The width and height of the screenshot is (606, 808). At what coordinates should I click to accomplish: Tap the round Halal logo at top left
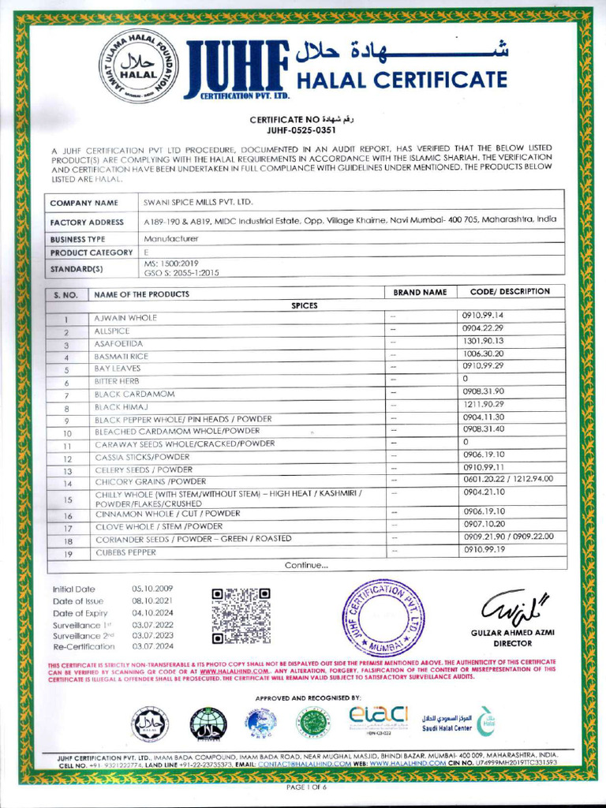click(x=138, y=67)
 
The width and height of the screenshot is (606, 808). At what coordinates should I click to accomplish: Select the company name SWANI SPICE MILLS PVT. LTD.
click(x=197, y=203)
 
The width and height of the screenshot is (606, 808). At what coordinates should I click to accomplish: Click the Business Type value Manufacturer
click(x=171, y=238)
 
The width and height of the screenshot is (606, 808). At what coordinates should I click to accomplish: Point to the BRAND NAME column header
click(x=420, y=293)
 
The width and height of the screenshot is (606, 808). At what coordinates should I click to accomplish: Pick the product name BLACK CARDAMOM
click(x=134, y=394)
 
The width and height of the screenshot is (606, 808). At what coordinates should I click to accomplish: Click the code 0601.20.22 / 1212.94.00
click(x=507, y=479)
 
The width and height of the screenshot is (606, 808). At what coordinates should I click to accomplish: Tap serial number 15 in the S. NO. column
click(x=68, y=499)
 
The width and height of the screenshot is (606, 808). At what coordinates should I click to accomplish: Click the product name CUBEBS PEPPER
click(x=125, y=552)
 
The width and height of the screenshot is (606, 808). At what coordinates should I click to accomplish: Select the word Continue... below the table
click(x=306, y=565)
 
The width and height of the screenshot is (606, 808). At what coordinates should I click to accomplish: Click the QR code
click(x=241, y=615)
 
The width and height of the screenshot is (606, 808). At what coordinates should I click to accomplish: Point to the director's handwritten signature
click(x=506, y=608)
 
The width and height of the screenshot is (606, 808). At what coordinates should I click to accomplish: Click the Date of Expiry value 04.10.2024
click(x=152, y=613)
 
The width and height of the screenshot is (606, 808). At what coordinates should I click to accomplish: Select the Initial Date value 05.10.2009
click(x=152, y=589)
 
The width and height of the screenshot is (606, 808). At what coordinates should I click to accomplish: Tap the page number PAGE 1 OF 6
click(x=306, y=787)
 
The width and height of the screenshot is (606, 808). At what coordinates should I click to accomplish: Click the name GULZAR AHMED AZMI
click(x=507, y=634)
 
